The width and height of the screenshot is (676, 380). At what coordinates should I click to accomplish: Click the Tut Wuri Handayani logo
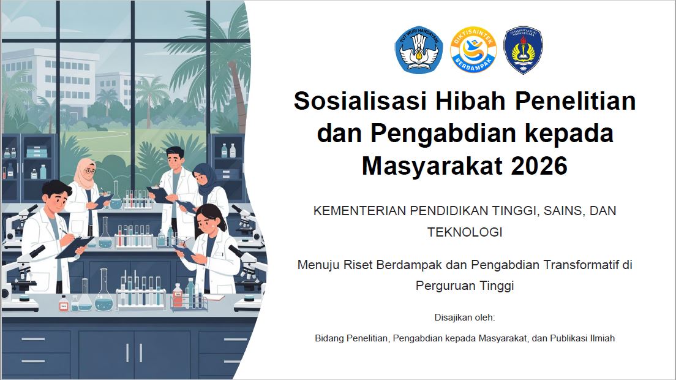(x=419, y=50)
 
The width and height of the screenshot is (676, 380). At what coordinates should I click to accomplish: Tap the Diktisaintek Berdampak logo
(x=473, y=50)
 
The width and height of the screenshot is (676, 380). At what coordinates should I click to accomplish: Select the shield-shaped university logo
(x=523, y=50)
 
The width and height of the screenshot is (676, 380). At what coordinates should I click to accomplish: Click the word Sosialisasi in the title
(x=360, y=101)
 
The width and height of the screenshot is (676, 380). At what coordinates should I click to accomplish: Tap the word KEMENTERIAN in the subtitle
(x=359, y=211)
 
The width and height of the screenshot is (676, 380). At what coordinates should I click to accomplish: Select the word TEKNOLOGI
(x=465, y=232)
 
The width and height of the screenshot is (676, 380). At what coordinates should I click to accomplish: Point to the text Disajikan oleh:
(x=465, y=317)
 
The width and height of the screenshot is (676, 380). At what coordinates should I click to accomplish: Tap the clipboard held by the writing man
(x=75, y=247)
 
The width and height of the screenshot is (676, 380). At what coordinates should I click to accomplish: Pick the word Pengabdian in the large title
(x=443, y=133)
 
